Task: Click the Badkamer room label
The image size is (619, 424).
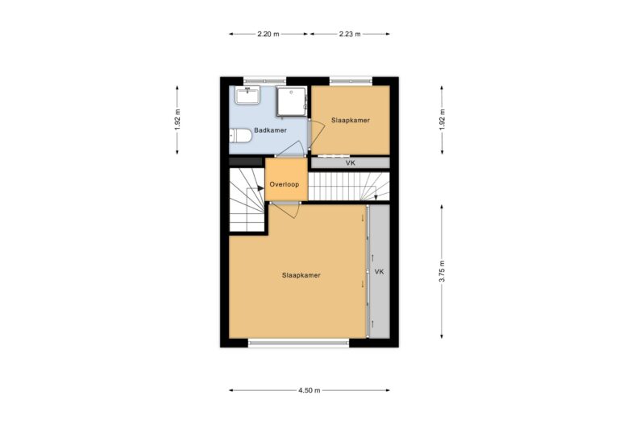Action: click(270, 130)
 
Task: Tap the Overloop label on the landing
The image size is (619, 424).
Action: click(285, 184)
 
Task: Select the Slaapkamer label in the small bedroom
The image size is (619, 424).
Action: click(350, 120)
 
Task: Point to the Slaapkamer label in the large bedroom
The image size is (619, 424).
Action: click(301, 275)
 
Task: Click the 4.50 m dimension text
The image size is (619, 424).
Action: click(309, 390)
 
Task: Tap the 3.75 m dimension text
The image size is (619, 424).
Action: click(442, 271)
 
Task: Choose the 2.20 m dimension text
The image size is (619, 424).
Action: click(268, 34)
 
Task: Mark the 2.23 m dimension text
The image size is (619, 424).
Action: click(350, 34)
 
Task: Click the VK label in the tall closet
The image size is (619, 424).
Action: click(379, 272)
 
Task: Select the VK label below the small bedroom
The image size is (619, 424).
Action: click(350, 163)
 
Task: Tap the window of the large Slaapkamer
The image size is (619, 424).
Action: click(299, 344)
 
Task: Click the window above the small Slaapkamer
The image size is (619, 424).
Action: click(350, 80)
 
